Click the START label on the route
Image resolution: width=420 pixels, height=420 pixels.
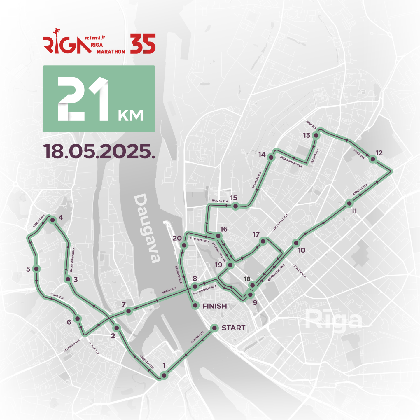pos(233,328)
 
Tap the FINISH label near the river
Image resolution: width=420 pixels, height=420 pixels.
pos(214,306)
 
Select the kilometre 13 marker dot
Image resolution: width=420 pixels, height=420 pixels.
pos(316,135)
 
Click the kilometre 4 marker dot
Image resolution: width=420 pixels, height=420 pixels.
pos(52,220)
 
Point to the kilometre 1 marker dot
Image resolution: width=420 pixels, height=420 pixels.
pos(164,375)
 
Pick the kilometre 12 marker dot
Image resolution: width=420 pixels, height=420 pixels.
pos(372,159)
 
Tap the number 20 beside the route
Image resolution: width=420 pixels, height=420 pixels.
pos(177,238)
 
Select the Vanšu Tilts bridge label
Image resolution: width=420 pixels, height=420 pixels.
pos(169,290)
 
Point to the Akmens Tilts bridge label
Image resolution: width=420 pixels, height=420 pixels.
pos(197,337)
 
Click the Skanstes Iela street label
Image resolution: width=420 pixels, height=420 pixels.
pos(257,180)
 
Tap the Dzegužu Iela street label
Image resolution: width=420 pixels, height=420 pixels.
pos(39,221)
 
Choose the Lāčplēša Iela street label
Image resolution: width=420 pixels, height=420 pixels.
pos(300,271)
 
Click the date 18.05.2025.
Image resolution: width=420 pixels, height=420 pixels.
pos(99,151)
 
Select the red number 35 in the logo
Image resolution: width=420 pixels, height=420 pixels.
pos(143,44)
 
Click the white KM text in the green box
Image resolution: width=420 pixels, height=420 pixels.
pos(131,116)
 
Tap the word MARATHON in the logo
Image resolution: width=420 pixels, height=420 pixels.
pos(111,52)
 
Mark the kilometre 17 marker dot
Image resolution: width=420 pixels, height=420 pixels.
pos(263,242)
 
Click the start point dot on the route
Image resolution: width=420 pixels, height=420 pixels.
pos(214,328)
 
